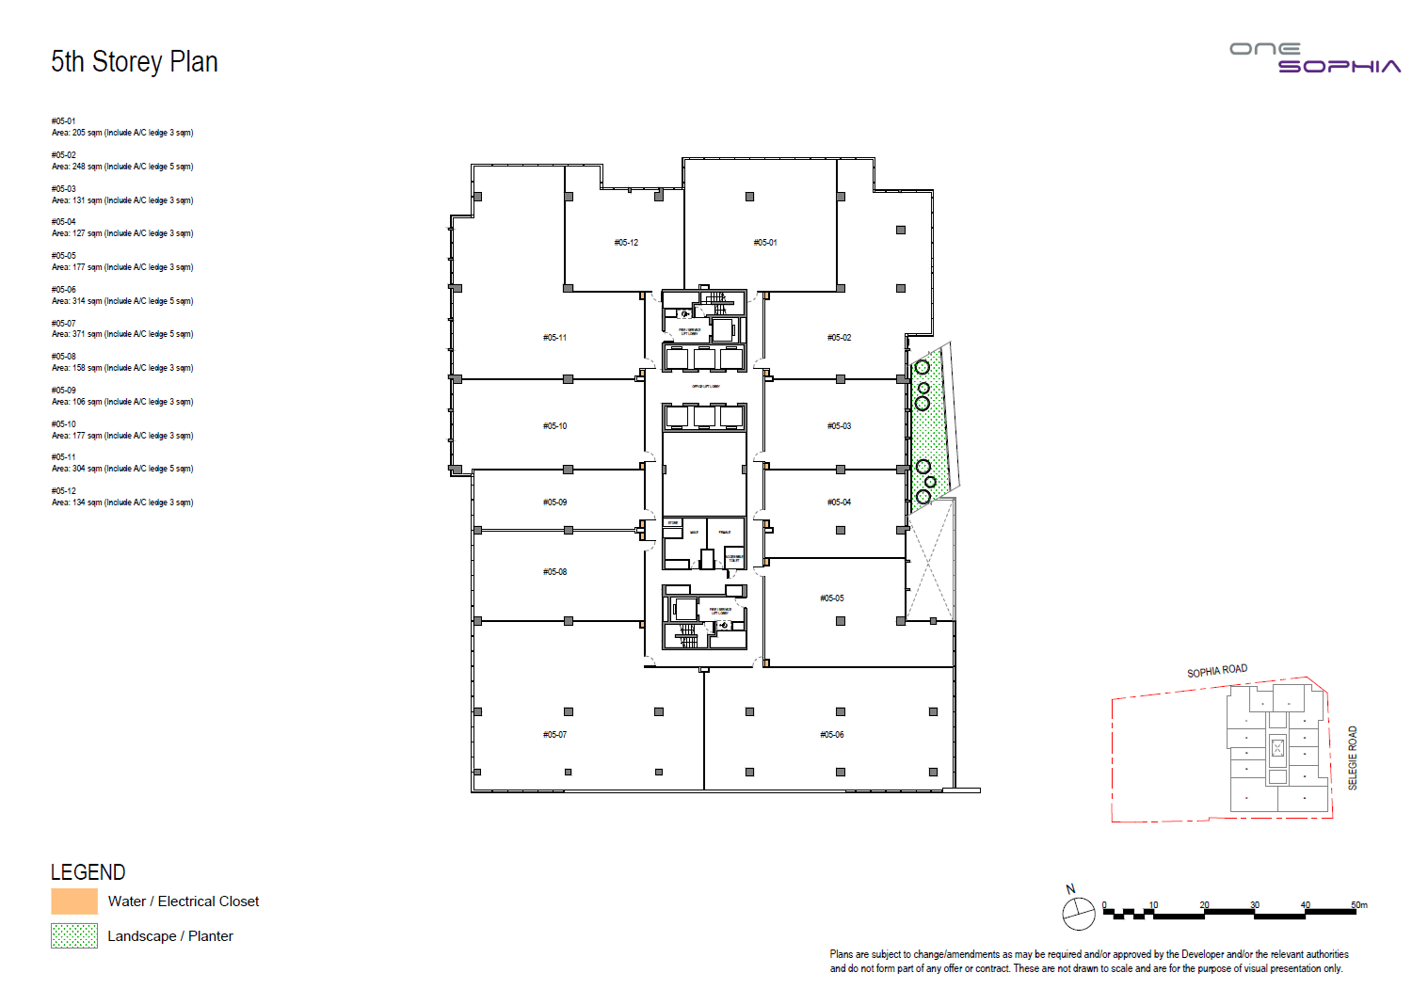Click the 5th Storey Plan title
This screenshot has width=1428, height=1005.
tap(135, 62)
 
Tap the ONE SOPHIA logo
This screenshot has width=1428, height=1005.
tap(1315, 58)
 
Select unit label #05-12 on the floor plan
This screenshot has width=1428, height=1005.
tap(626, 243)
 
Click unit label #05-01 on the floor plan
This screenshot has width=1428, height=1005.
tap(765, 243)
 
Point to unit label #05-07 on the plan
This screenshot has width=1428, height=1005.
tap(554, 735)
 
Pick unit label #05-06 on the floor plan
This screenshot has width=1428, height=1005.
tap(832, 735)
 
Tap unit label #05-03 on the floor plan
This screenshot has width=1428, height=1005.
tap(839, 426)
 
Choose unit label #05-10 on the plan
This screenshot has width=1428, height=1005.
tap(554, 426)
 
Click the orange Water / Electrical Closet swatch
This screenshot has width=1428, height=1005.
tap(74, 901)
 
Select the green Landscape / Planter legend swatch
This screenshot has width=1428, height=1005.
tap(74, 935)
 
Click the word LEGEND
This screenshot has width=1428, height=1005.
tap(88, 872)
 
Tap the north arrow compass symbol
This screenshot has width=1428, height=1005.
tap(1078, 911)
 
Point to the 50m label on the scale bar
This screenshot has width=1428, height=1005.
tap(1358, 905)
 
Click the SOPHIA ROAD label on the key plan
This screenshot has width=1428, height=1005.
tap(1216, 671)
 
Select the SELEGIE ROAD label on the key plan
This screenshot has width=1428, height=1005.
tap(1353, 758)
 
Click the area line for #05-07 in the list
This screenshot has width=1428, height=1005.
tap(122, 334)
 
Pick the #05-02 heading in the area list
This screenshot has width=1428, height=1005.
tap(64, 155)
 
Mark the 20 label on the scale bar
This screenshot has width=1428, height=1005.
tap(1204, 905)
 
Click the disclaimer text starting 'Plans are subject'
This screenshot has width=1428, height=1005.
tap(1088, 961)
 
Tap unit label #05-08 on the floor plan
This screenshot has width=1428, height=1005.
tap(554, 572)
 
